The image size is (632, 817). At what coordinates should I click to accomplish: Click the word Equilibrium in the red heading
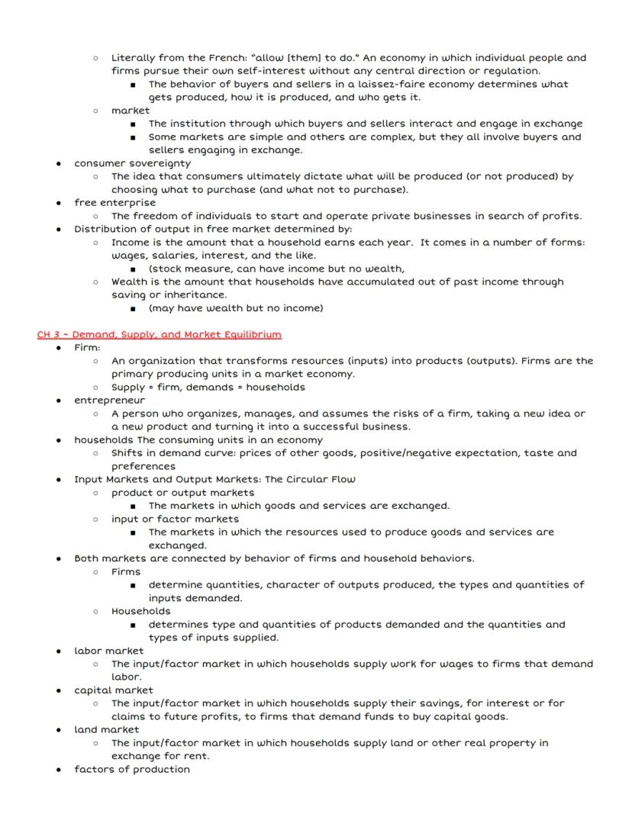251,334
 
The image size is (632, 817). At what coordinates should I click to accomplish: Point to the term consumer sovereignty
132,163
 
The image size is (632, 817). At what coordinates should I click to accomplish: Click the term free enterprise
114,203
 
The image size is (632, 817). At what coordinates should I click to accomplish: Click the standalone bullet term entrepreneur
109,400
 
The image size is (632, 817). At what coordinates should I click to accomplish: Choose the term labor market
108,651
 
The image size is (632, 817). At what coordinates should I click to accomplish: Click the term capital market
114,690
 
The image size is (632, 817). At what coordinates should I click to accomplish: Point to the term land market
106,729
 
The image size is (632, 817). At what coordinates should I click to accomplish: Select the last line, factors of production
132,769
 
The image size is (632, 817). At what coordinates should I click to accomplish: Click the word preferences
143,466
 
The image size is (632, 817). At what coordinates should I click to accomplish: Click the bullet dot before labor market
59,651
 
